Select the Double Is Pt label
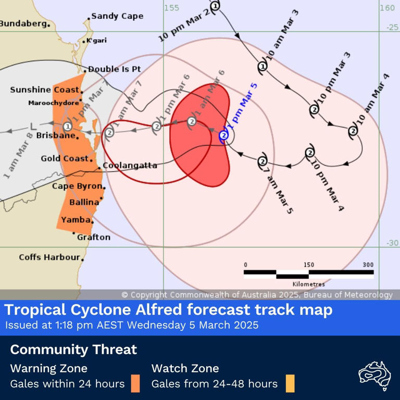114,69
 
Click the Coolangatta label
130,166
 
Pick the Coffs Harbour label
49,257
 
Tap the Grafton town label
94,237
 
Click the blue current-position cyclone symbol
224,135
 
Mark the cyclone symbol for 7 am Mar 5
262,161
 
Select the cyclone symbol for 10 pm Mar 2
216,5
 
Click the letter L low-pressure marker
34,126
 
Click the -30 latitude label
392,243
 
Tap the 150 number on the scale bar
308,265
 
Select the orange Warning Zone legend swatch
135,383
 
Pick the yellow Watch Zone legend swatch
290,383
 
